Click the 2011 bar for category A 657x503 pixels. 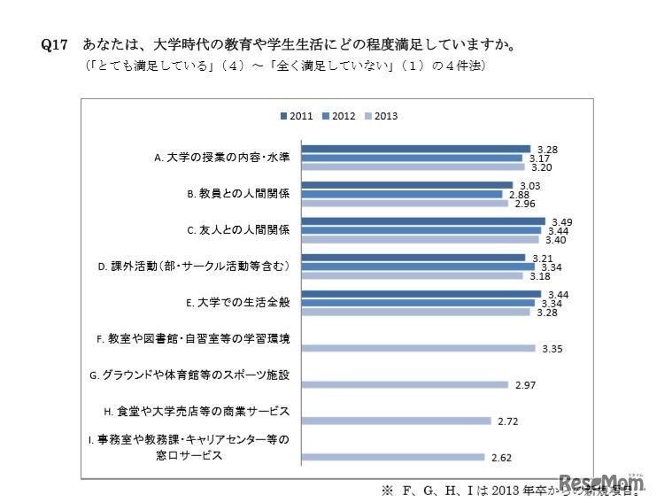[x=416, y=149]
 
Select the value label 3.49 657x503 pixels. [x=560, y=221]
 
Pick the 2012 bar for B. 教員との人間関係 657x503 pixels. [x=402, y=194]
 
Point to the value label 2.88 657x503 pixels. [x=516, y=194]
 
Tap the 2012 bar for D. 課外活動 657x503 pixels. [x=418, y=267]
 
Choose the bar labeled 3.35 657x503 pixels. [x=418, y=348]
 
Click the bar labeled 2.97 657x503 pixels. [x=405, y=384]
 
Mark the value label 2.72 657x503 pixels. [x=508, y=422]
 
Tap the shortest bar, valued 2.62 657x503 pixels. [x=393, y=457]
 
